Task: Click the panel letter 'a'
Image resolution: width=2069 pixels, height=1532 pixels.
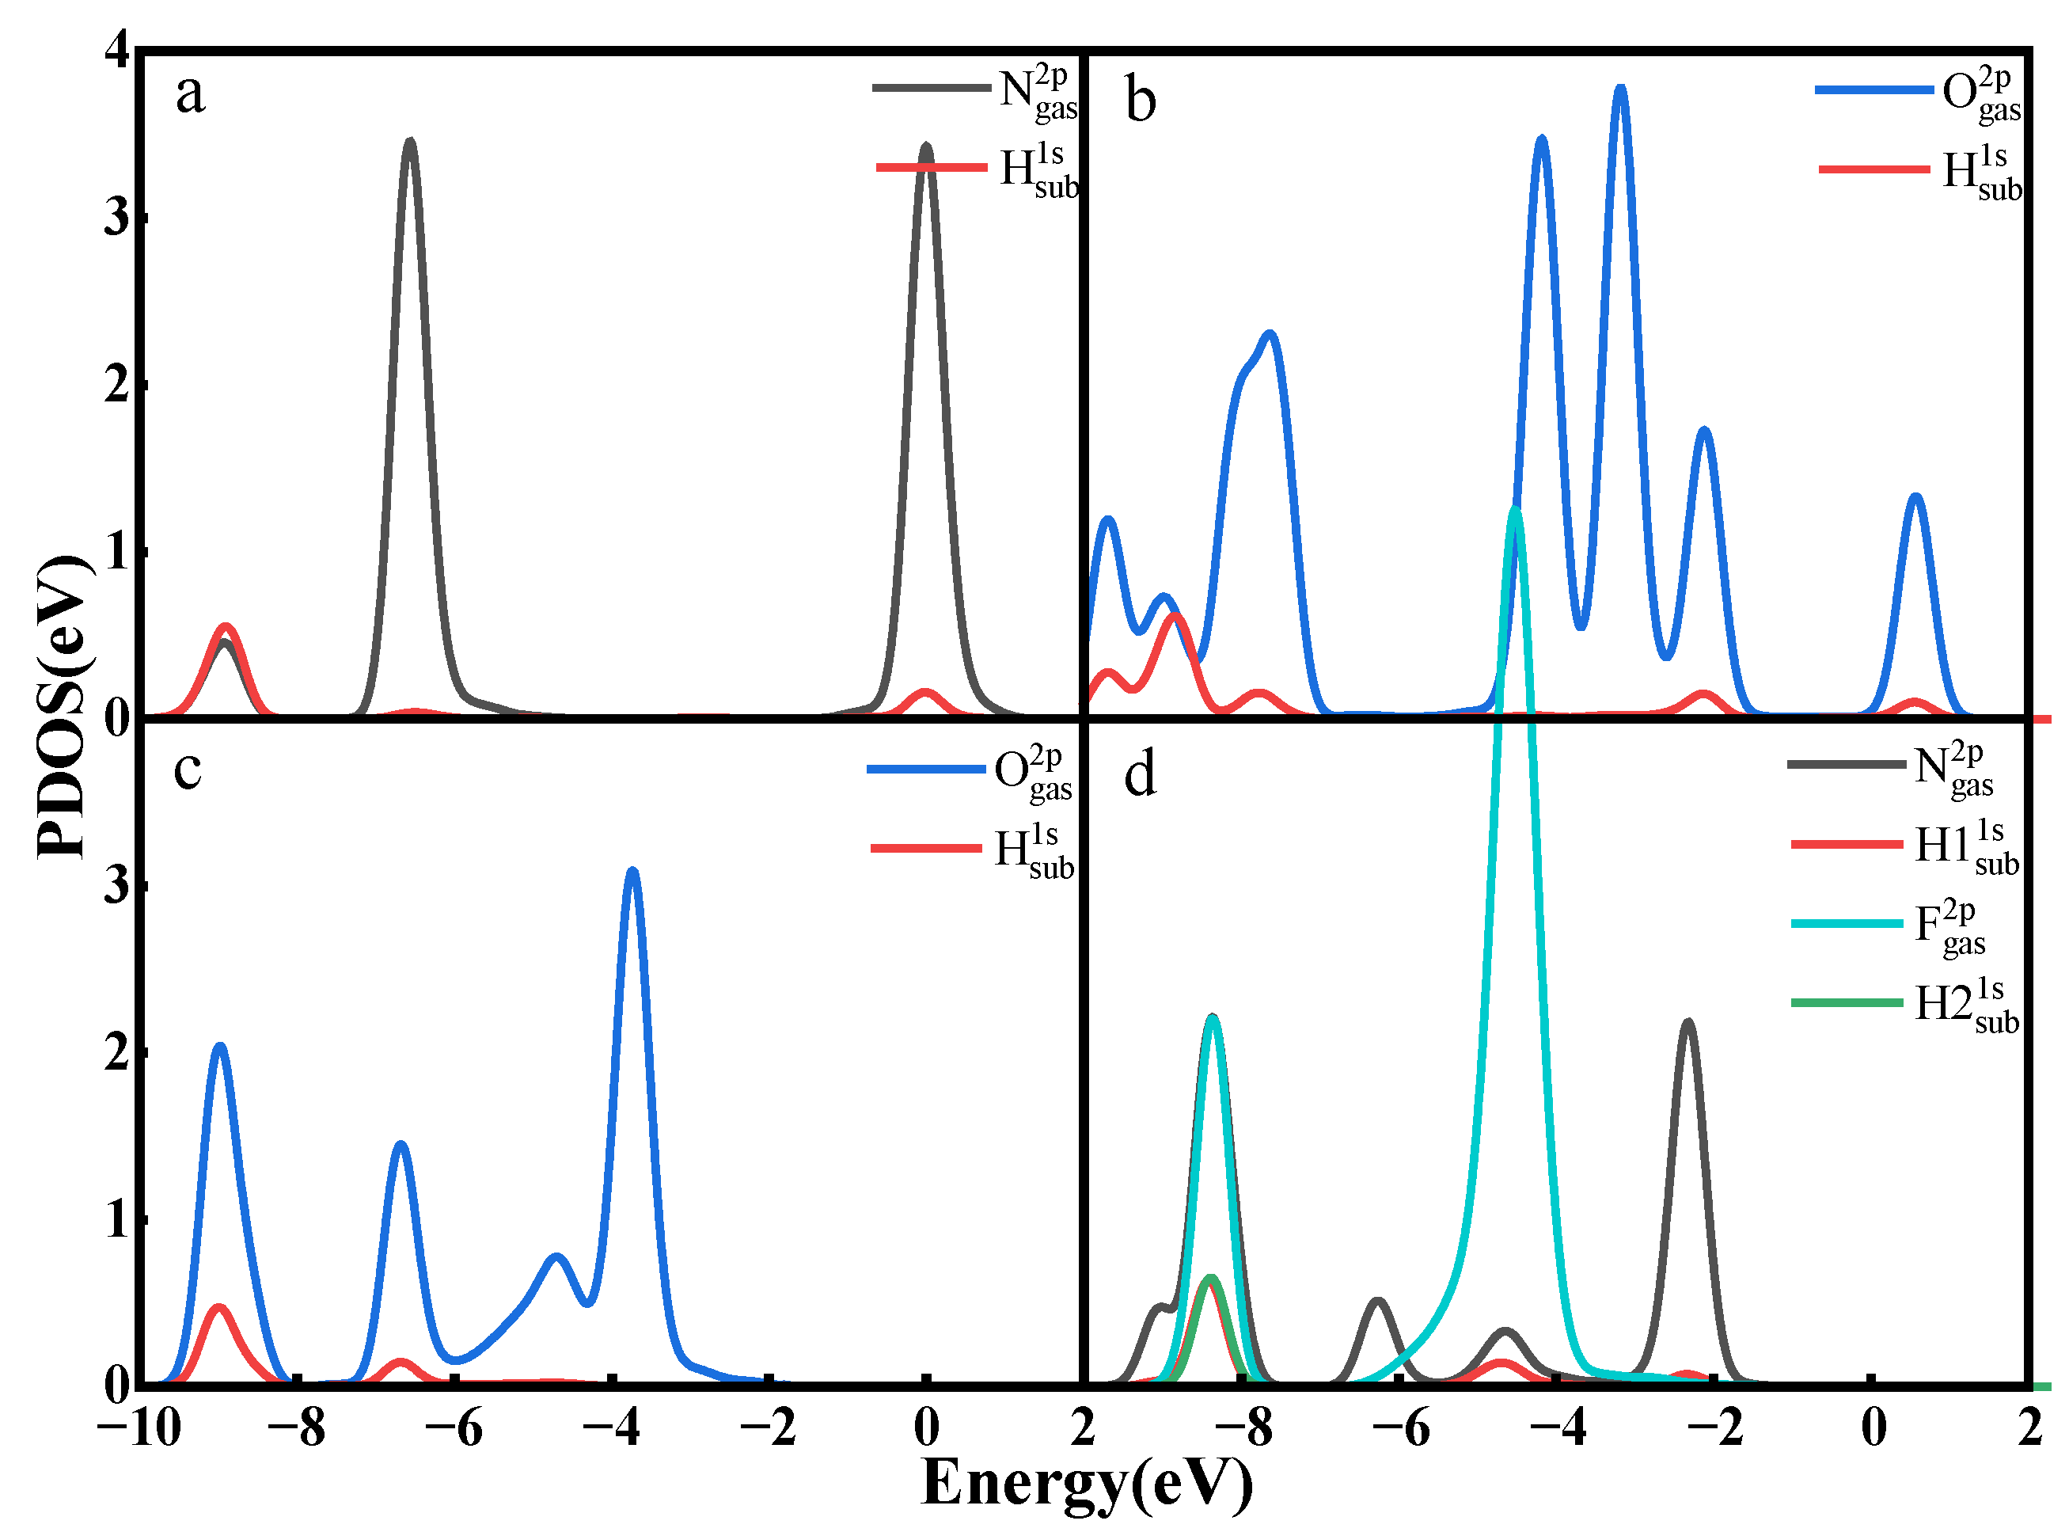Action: click(x=190, y=94)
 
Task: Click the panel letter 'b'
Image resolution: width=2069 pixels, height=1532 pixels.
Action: click(x=1141, y=101)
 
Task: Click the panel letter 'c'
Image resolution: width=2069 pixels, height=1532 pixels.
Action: click(x=188, y=770)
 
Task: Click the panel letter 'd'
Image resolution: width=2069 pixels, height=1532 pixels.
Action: click(x=1141, y=774)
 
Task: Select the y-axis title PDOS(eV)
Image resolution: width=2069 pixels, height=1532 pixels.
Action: click(x=63, y=707)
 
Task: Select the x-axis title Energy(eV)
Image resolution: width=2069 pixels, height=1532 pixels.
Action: click(x=1087, y=1481)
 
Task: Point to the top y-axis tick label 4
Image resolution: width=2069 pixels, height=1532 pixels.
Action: click(x=118, y=48)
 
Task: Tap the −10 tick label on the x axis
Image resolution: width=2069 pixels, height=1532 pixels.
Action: click(x=139, y=1428)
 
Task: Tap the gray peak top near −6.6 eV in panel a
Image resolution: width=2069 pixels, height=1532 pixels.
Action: click(x=410, y=142)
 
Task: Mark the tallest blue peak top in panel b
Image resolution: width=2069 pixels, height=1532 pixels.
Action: click(x=1620, y=88)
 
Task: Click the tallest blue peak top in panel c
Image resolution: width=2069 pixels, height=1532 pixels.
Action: click(x=633, y=871)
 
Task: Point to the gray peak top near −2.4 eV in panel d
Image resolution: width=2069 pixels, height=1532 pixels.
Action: click(x=1687, y=1023)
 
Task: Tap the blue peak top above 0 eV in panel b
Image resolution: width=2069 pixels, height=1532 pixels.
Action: click(x=1916, y=497)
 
